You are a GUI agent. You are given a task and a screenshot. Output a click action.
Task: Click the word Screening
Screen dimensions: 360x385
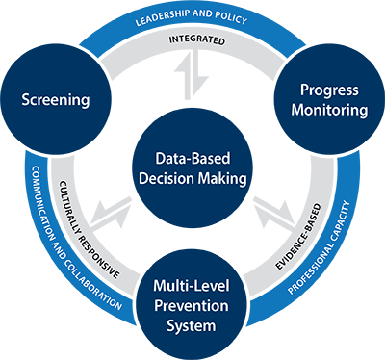tap(56, 99)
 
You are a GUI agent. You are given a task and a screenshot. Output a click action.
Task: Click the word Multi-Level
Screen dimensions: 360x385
tap(192, 286)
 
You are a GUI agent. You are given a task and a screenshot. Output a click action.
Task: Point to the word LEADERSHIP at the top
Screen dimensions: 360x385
tap(160, 21)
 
